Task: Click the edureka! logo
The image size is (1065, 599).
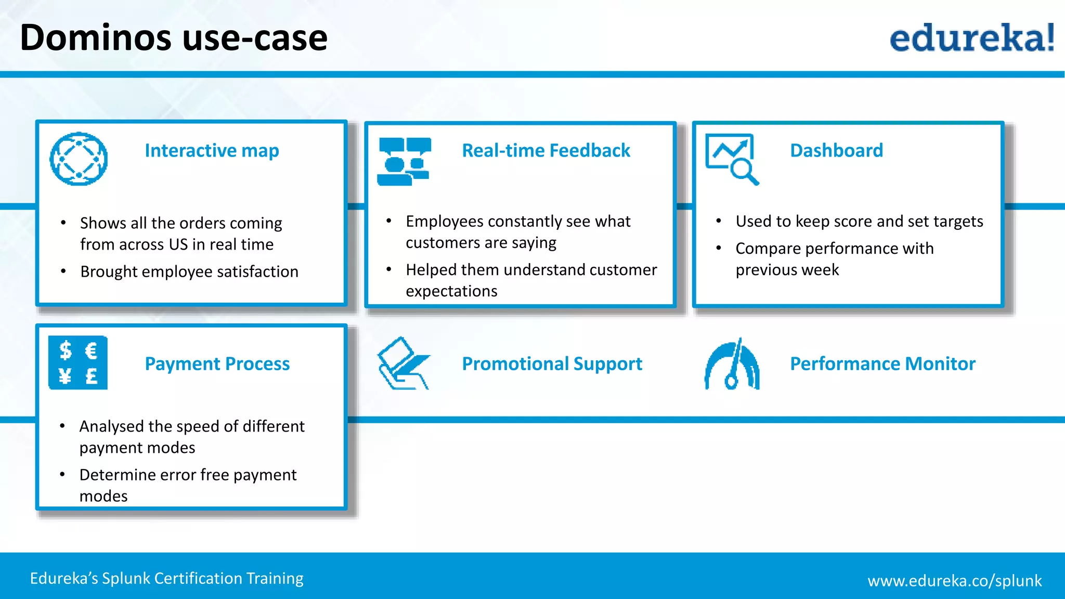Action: (x=971, y=38)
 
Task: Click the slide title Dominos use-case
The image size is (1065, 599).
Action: (x=174, y=38)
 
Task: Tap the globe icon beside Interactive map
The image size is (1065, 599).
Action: (x=79, y=159)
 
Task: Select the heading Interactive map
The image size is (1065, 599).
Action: (x=212, y=151)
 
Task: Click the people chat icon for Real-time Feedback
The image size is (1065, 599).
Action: (x=404, y=161)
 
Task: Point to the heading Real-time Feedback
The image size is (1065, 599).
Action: (x=546, y=151)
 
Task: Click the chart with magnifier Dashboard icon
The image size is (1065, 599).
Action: (x=731, y=159)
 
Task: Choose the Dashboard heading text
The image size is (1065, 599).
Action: (x=836, y=151)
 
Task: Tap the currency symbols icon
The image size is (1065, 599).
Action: (x=78, y=362)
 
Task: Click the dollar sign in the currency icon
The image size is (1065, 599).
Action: (x=66, y=350)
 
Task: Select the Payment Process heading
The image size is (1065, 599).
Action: (x=217, y=364)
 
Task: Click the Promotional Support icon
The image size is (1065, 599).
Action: (x=403, y=363)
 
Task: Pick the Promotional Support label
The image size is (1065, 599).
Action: (x=552, y=364)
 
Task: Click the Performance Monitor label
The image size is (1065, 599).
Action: (x=882, y=364)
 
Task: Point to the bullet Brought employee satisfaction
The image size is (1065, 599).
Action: (x=189, y=272)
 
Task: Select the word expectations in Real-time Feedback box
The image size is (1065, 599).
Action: (x=451, y=292)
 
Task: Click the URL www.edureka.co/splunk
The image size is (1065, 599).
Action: (x=954, y=581)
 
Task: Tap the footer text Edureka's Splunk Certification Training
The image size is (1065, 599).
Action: (x=166, y=579)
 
